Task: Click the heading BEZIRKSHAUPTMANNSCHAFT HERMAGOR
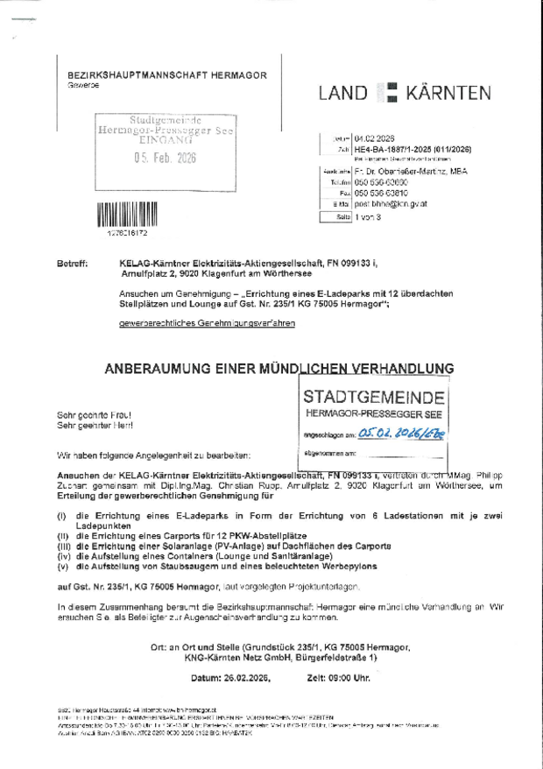click(x=167, y=75)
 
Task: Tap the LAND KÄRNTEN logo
click(x=416, y=93)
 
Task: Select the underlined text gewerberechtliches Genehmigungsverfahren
click(x=207, y=323)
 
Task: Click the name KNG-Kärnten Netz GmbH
click(x=226, y=656)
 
